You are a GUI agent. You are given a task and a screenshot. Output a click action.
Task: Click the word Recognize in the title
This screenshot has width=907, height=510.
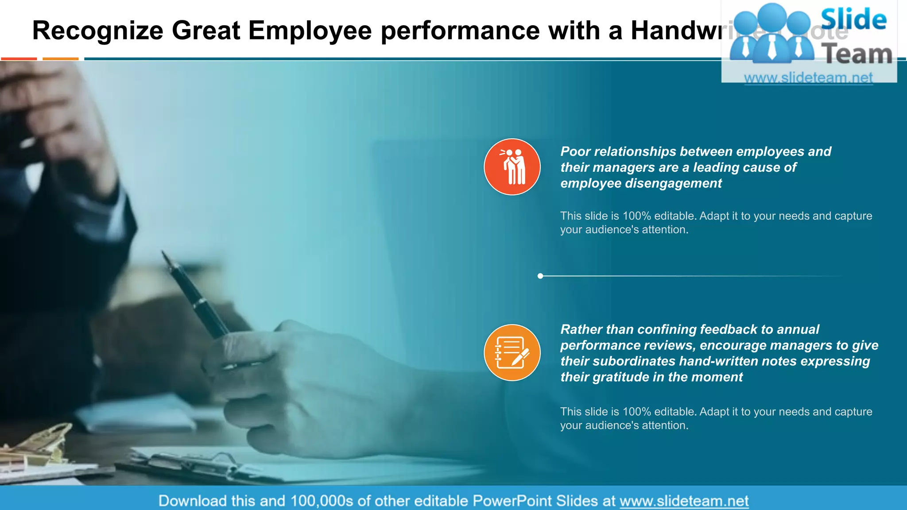[98, 31]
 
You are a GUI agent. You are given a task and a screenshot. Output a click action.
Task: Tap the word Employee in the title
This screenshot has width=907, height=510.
[310, 31]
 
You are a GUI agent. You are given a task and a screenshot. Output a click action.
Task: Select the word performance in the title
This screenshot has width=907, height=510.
[460, 31]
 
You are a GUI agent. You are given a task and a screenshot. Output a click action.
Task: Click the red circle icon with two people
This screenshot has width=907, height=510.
[512, 167]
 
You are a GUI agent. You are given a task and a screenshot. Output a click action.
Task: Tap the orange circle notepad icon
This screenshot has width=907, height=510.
[512, 352]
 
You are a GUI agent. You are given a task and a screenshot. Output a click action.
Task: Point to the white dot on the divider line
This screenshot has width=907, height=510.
[540, 276]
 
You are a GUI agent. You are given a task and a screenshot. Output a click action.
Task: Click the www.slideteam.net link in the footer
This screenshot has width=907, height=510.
[684, 501]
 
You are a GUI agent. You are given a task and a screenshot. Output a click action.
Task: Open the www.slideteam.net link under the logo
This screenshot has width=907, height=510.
[808, 78]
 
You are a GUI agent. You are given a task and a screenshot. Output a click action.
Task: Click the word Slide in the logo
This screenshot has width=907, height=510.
[853, 19]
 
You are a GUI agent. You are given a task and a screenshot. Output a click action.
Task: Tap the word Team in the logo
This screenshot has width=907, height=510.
[857, 54]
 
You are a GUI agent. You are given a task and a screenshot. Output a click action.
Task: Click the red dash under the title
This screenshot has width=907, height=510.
[19, 58]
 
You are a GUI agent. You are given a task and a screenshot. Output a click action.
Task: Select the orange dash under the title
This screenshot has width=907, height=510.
[61, 58]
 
